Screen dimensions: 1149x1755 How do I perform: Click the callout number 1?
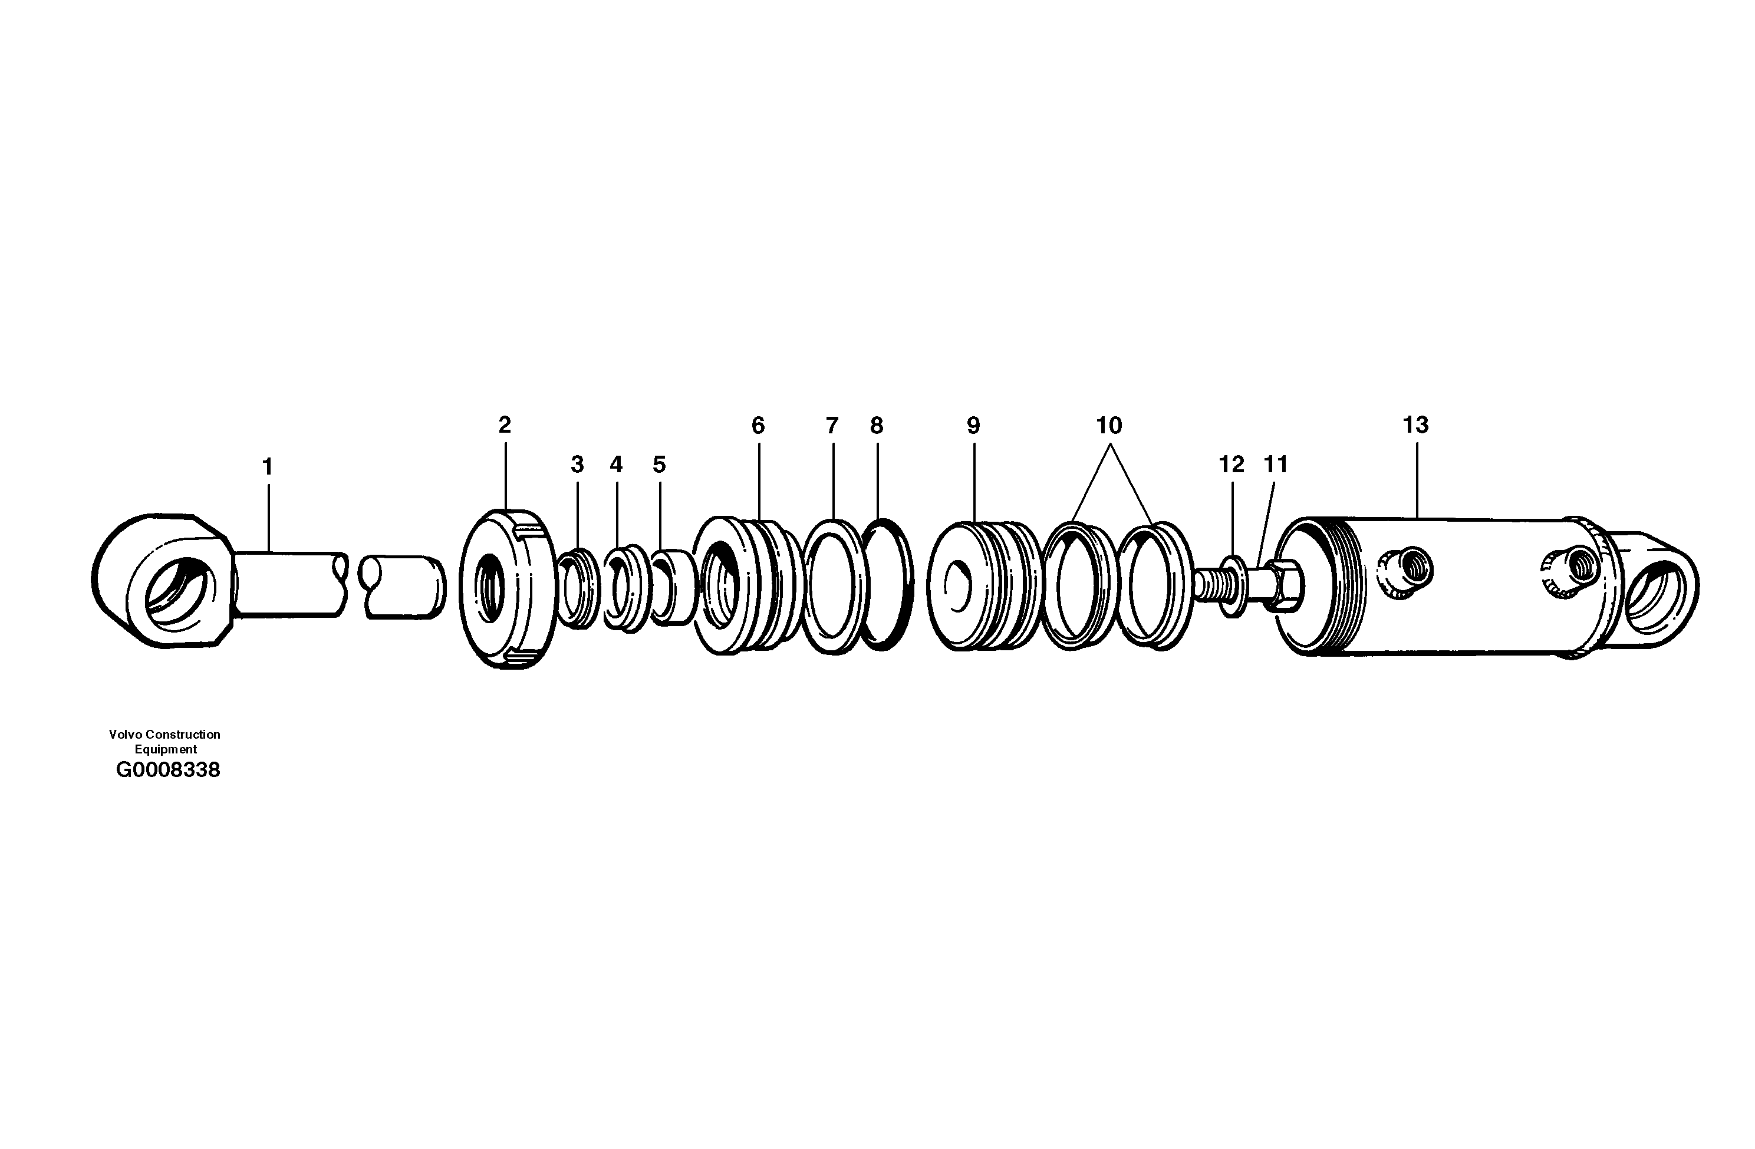(268, 467)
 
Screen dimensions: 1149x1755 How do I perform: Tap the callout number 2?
(505, 425)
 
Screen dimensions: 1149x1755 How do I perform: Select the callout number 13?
(1415, 425)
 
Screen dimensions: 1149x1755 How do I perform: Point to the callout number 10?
(1109, 426)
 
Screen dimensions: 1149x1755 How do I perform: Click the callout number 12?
(1232, 465)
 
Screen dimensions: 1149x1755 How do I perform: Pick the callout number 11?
(1276, 465)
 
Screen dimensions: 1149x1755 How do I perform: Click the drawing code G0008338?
(168, 770)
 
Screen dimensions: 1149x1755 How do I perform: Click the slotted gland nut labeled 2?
(508, 588)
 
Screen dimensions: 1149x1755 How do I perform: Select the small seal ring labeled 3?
(577, 588)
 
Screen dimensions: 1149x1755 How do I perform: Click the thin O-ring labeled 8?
(887, 585)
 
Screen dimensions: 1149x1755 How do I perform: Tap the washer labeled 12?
(1232, 587)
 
